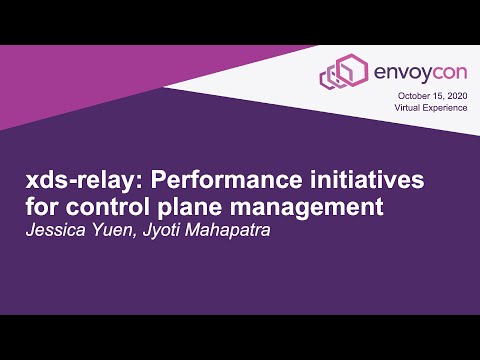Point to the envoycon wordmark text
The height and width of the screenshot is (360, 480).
[412, 72]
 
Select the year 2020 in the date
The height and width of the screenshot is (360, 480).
[456, 95]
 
